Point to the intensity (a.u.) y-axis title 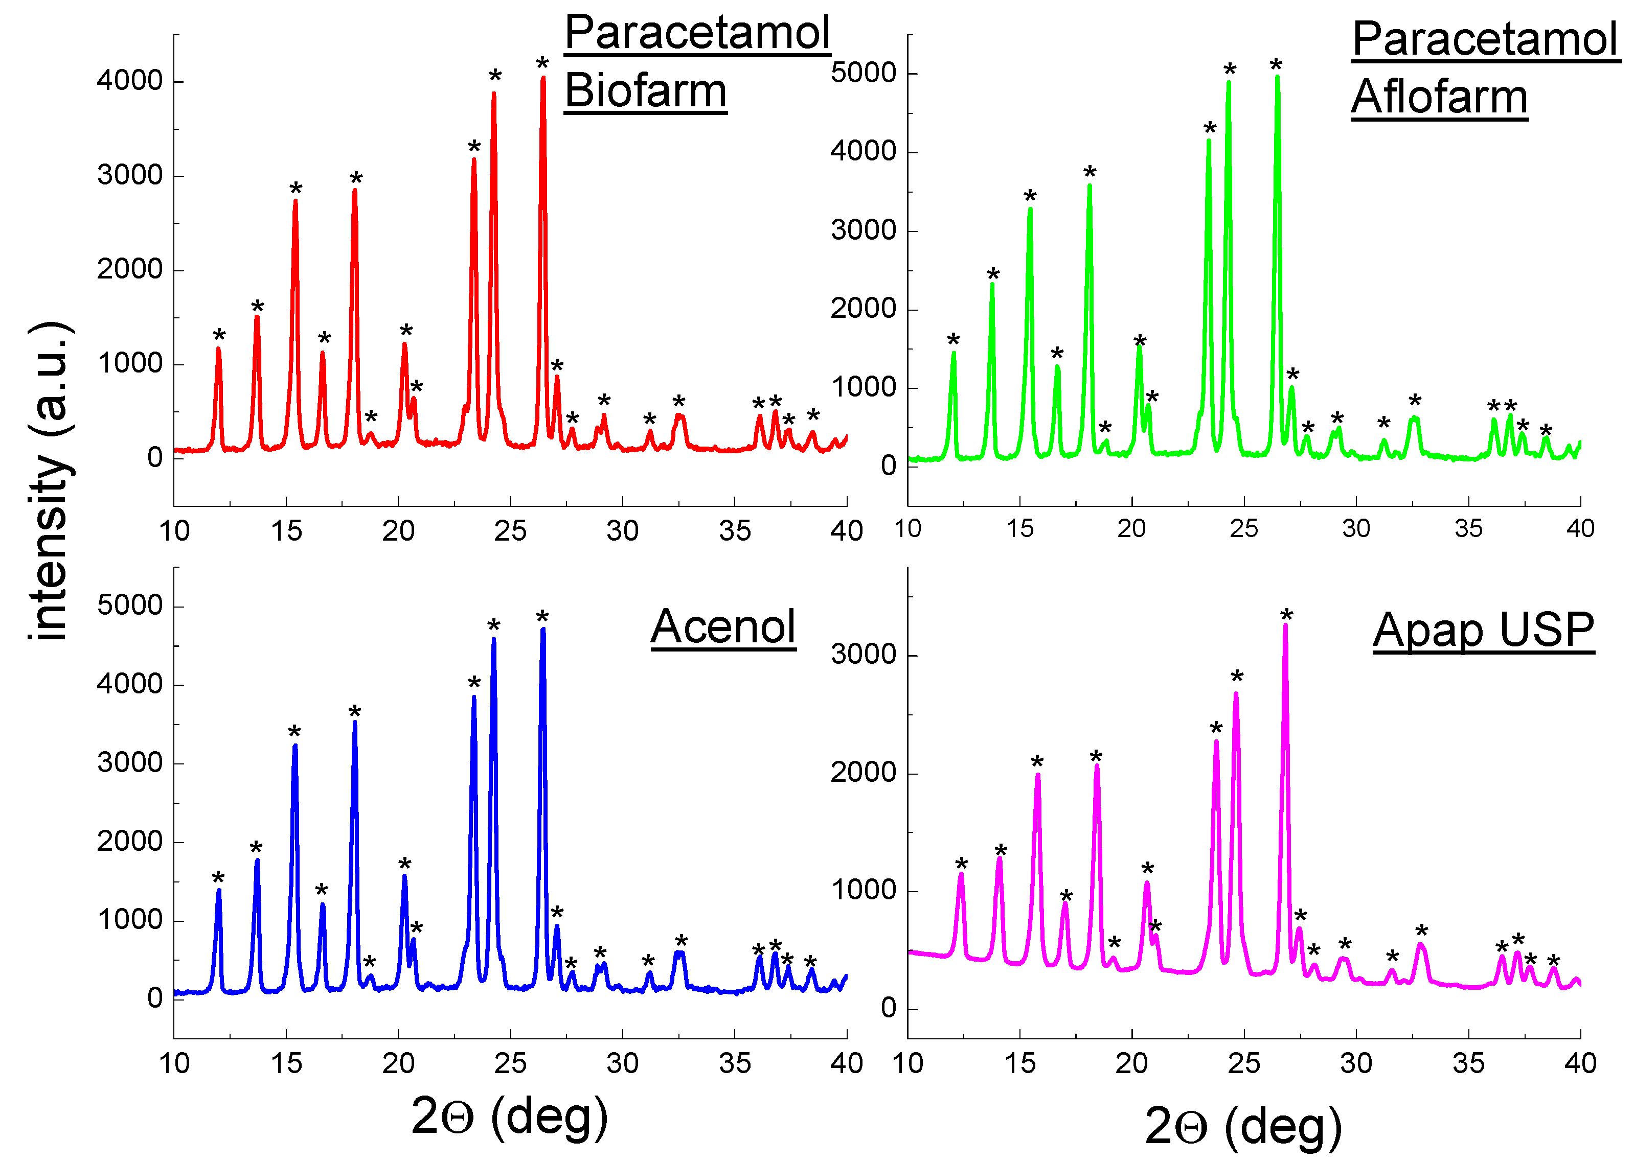pyautogui.click(x=50, y=480)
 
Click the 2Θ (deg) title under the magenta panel pyautogui.click(x=1243, y=1126)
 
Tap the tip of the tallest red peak pyautogui.click(x=543, y=78)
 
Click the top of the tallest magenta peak pyautogui.click(x=1286, y=625)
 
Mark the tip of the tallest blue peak pyautogui.click(x=543, y=630)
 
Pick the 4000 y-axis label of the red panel pyautogui.click(x=130, y=80)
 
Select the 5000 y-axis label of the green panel pyautogui.click(x=863, y=73)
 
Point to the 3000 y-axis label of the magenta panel pyautogui.click(x=863, y=654)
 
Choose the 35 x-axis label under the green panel pyautogui.click(x=1468, y=528)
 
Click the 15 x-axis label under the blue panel pyautogui.click(x=286, y=1063)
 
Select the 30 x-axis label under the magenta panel pyautogui.click(x=1355, y=1063)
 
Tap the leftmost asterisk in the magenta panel pyautogui.click(x=961, y=864)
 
